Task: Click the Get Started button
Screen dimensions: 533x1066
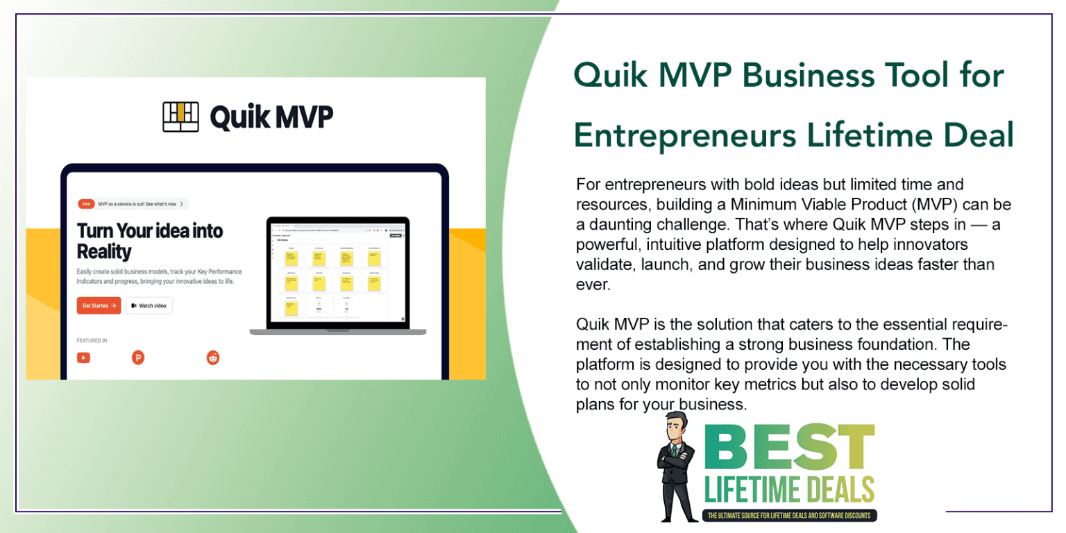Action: [99, 305]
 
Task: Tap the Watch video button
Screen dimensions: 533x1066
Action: [149, 305]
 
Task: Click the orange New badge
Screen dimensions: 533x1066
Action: [86, 204]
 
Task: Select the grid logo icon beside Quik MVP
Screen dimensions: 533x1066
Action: [180, 117]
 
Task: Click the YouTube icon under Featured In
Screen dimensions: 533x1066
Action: [83, 357]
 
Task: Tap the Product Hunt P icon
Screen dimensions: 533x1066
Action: [138, 357]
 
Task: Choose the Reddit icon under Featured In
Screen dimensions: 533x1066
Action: [213, 357]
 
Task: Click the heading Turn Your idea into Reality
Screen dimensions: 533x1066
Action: [149, 240]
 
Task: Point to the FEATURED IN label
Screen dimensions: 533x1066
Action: [92, 341]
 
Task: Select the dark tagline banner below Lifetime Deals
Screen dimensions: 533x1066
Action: [790, 516]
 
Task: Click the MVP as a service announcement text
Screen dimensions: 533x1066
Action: [137, 204]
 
